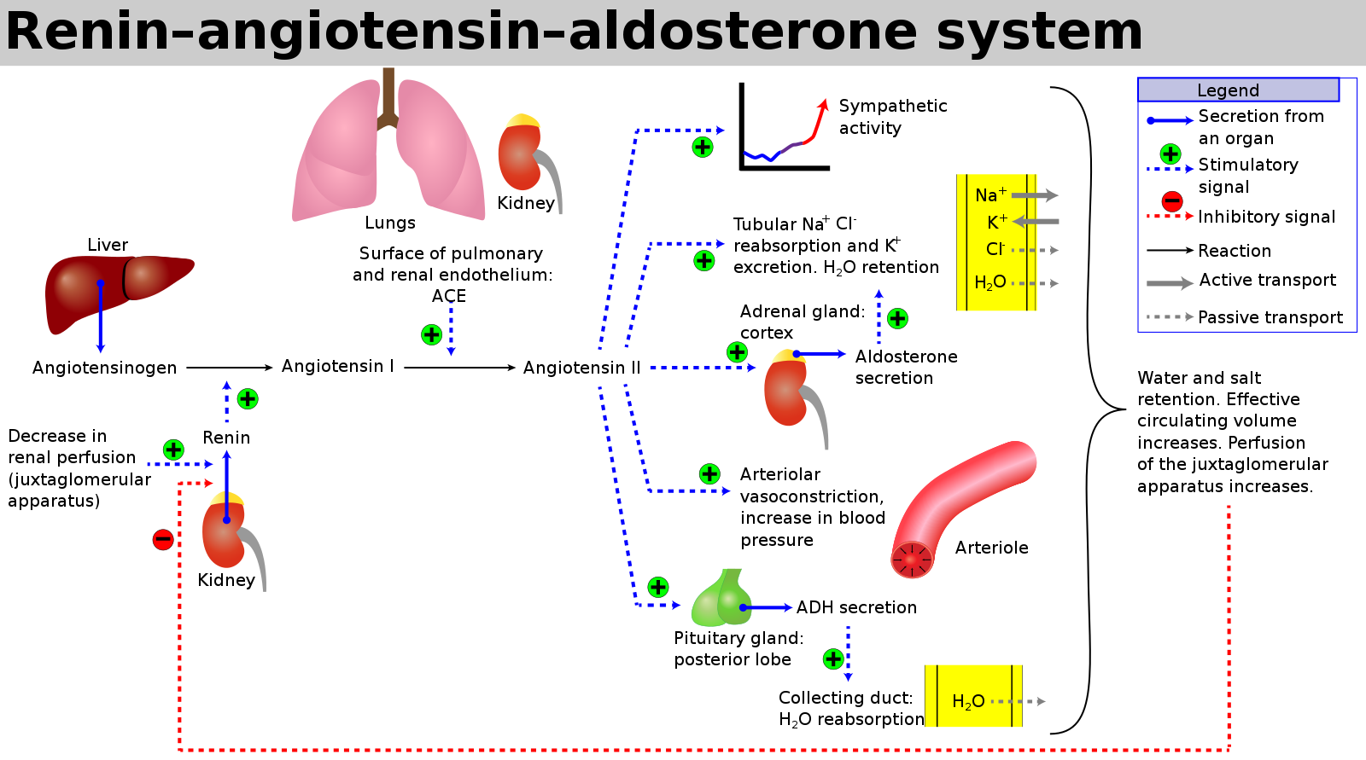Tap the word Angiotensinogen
pyautogui.click(x=104, y=368)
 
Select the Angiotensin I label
pyautogui.click(x=337, y=366)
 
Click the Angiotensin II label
pyautogui.click(x=581, y=368)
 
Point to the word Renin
pyautogui.click(x=226, y=438)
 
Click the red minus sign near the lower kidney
pyautogui.click(x=163, y=539)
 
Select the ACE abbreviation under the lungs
pyautogui.click(x=449, y=296)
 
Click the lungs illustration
pyautogui.click(x=388, y=154)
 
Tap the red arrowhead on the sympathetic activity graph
pyautogui.click(x=823, y=105)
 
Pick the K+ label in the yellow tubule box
pyautogui.click(x=996, y=223)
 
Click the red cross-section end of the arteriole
pyautogui.click(x=912, y=560)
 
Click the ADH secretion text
pyautogui.click(x=856, y=607)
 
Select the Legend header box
pyautogui.click(x=1238, y=90)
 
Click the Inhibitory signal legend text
pyautogui.click(x=1266, y=217)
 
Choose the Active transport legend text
pyautogui.click(x=1267, y=280)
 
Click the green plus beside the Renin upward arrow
pyautogui.click(x=248, y=398)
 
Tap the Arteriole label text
pyautogui.click(x=991, y=548)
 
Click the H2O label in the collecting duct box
pyautogui.click(x=968, y=702)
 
